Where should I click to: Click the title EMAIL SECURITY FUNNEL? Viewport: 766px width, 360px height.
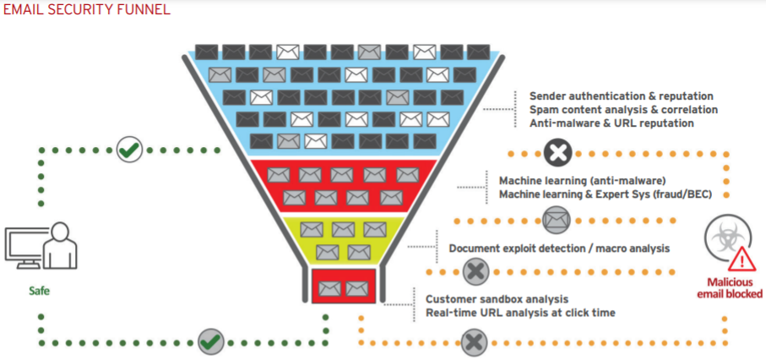click(85, 10)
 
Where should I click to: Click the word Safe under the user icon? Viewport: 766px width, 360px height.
click(39, 290)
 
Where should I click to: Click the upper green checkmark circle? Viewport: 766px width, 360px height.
click(129, 150)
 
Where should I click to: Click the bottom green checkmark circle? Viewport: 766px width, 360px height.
click(210, 342)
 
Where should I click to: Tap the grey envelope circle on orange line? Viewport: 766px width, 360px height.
click(555, 220)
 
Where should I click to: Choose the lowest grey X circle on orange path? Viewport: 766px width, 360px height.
click(475, 342)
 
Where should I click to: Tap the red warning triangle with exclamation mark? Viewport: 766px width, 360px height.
click(744, 257)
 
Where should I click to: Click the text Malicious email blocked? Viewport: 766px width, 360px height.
click(730, 287)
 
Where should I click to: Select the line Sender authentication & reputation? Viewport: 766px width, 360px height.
click(621, 96)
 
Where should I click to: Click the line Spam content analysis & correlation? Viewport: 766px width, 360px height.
click(623, 110)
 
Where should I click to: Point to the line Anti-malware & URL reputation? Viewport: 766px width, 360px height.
click(611, 123)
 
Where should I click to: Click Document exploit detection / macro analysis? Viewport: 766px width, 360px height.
click(559, 248)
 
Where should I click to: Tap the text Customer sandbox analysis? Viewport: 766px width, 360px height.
click(497, 299)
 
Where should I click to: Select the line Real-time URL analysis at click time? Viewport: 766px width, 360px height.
click(520, 313)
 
